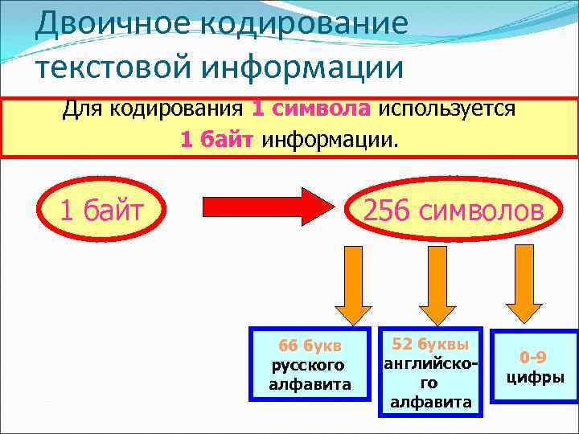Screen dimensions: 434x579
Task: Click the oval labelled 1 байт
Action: pyautogui.click(x=102, y=211)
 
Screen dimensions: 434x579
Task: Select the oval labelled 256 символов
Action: pyautogui.click(x=453, y=211)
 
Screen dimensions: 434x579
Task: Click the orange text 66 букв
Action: pyautogui.click(x=310, y=346)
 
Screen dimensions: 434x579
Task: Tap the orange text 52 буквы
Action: pyautogui.click(x=430, y=345)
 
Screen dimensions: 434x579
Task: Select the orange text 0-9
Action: pyautogui.click(x=535, y=358)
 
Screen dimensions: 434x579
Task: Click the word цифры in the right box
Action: pyautogui.click(x=535, y=377)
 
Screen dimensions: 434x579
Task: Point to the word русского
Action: pyautogui.click(x=310, y=366)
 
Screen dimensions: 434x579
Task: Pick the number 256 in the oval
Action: pyautogui.click(x=388, y=211)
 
